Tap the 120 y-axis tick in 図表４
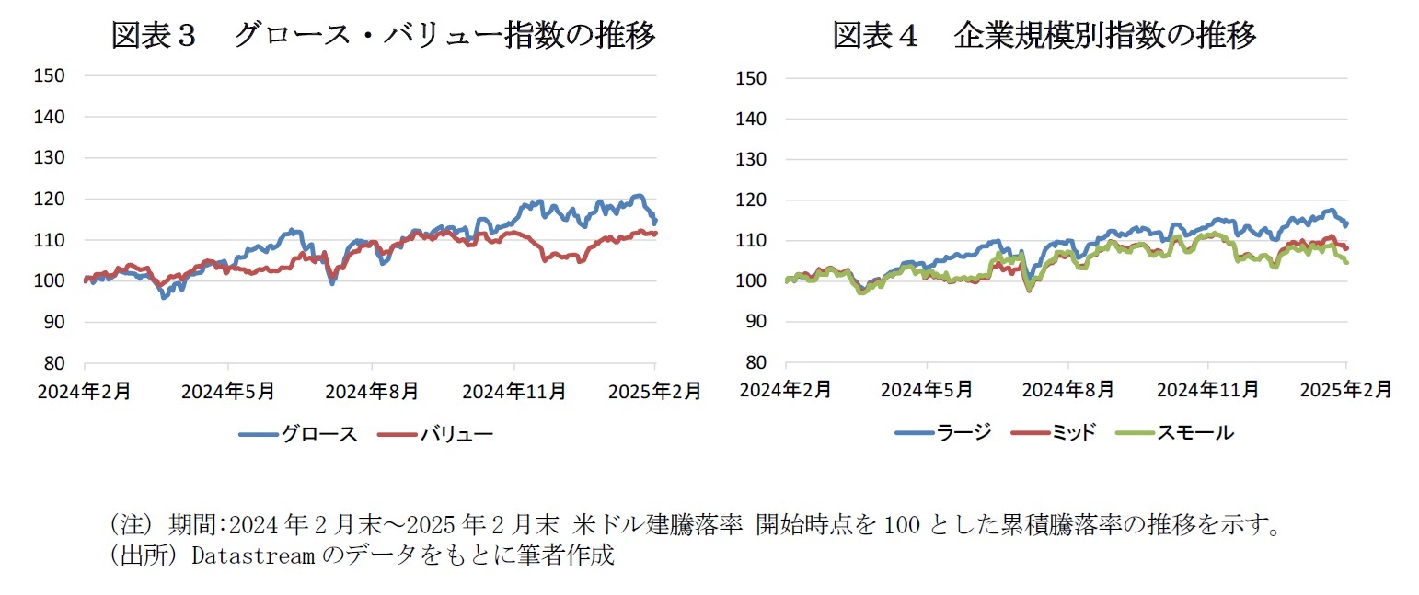[x=752, y=200]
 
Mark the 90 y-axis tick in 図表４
[x=757, y=322]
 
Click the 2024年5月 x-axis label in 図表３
[x=228, y=391]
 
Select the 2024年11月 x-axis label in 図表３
[x=513, y=391]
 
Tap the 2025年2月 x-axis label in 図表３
[x=655, y=391]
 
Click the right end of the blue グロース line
[x=655, y=222]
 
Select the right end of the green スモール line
[x=1346, y=262]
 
